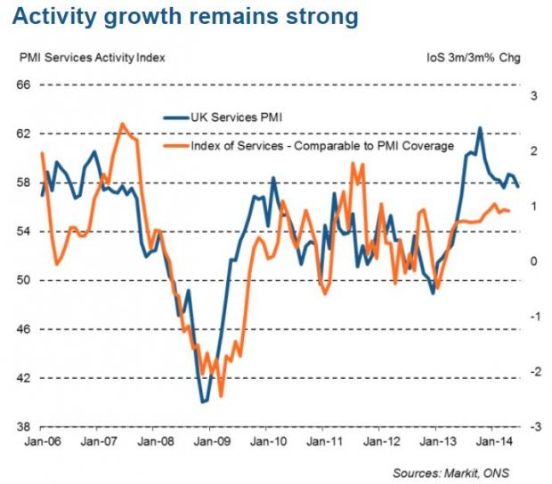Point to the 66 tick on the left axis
pos(23,85)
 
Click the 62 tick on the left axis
pos(23,133)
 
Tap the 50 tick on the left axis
pos(23,280)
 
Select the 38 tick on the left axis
pos(23,427)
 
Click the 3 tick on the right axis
pos(533,96)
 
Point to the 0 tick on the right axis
pos(533,262)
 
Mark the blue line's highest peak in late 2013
pos(480,127)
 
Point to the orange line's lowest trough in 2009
pos(220,396)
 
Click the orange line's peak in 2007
pos(122,124)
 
